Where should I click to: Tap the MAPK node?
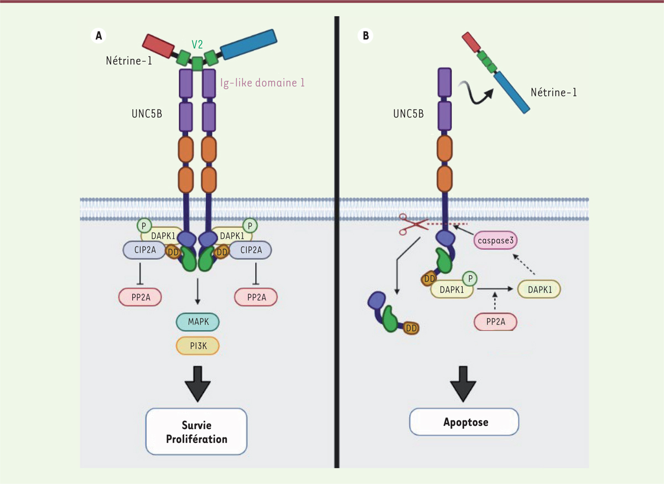[198, 321]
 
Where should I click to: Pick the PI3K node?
[198, 346]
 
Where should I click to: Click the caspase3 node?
[495, 242]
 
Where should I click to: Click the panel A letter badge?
[98, 35]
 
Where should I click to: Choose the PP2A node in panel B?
[495, 321]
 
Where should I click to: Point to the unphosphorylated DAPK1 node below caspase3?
[538, 289]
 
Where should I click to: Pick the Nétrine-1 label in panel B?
[554, 92]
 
